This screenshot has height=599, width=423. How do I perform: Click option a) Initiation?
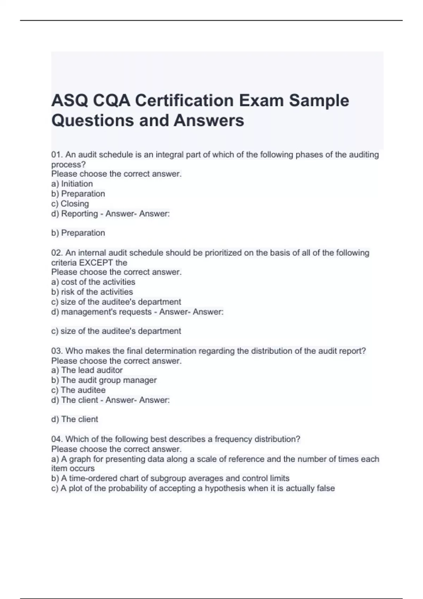coord(72,184)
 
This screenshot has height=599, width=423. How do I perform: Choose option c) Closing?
coord(70,204)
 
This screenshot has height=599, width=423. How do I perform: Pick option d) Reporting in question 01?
coord(74,214)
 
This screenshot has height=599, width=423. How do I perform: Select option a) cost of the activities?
coord(93,282)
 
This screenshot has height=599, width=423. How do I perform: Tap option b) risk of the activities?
coord(92,292)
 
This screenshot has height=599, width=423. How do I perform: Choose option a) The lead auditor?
coord(87,370)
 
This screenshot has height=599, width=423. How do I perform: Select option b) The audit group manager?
coord(104,380)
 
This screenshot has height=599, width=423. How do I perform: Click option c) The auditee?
coord(78,390)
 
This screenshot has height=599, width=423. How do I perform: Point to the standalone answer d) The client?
coord(75,419)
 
